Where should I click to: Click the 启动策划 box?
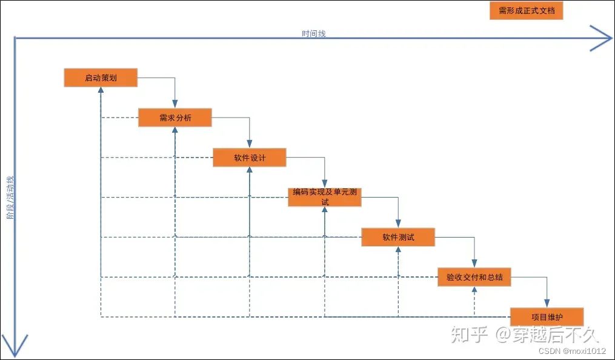101,78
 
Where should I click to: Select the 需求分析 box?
175,118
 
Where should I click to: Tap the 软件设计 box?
249,158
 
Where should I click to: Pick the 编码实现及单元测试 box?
325,197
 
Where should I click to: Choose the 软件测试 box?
398,237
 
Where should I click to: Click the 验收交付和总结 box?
474,277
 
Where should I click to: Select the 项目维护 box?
547,316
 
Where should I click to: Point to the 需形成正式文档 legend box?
526,10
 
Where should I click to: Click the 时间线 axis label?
314,34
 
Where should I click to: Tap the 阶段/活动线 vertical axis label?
10,197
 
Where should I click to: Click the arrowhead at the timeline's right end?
602,38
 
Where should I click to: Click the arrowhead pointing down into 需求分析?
175,104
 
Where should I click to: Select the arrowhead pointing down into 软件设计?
250,144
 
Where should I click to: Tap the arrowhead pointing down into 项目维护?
548,304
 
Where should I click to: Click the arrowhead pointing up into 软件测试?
399,250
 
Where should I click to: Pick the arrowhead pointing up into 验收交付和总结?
474,290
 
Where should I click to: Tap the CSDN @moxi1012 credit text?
572,351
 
